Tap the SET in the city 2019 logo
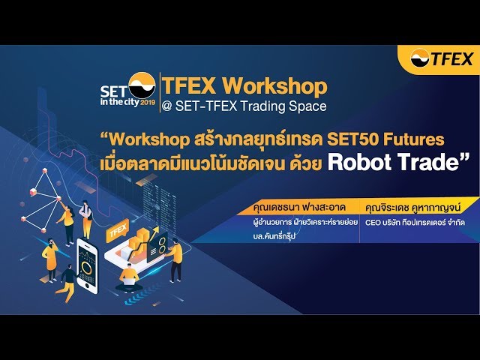[x=127, y=91]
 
